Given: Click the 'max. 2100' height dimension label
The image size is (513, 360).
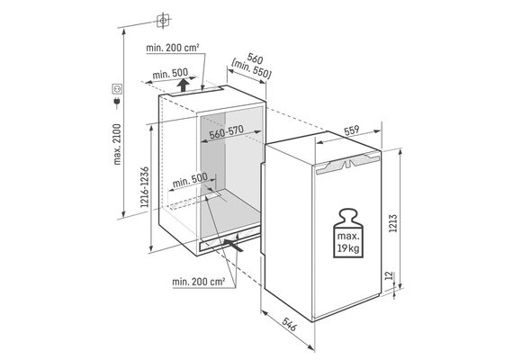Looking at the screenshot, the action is [117, 144].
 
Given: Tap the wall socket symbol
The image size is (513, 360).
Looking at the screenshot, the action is [117, 88].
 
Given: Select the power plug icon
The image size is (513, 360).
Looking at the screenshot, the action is [117, 102].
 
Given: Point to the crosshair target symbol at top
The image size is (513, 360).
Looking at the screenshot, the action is [163, 21].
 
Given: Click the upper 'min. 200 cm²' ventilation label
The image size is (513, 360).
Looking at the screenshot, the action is [173, 48].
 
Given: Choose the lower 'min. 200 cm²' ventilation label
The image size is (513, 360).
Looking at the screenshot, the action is [199, 282].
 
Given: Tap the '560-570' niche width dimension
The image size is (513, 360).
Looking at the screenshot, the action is [227, 132].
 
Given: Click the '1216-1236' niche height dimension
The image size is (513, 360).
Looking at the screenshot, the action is [145, 187].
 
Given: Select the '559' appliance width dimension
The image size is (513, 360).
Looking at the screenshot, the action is [352, 130].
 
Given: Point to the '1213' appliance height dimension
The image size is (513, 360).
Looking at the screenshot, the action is [393, 223].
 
